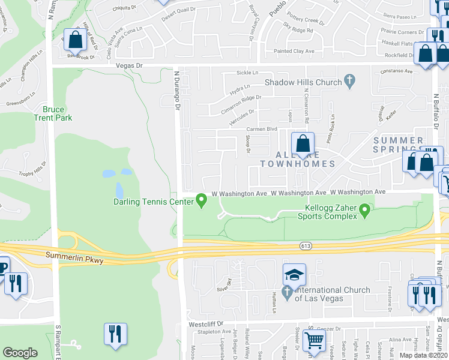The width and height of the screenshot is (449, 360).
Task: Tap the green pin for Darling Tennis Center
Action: point(202,202)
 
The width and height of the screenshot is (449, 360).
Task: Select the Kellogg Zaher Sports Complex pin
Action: point(364,211)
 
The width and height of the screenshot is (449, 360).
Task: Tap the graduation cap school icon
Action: point(294,275)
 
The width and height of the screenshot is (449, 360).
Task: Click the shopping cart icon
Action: point(315,341)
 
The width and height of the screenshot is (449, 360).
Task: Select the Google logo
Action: point(20,353)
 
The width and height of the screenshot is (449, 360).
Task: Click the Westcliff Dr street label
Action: point(202,324)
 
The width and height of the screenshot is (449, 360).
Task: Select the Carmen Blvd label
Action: point(263,129)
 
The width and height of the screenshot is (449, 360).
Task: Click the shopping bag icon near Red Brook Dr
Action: point(76,40)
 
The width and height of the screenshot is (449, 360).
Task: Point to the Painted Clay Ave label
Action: point(294,52)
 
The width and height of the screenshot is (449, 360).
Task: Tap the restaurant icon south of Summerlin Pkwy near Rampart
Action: point(15,283)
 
